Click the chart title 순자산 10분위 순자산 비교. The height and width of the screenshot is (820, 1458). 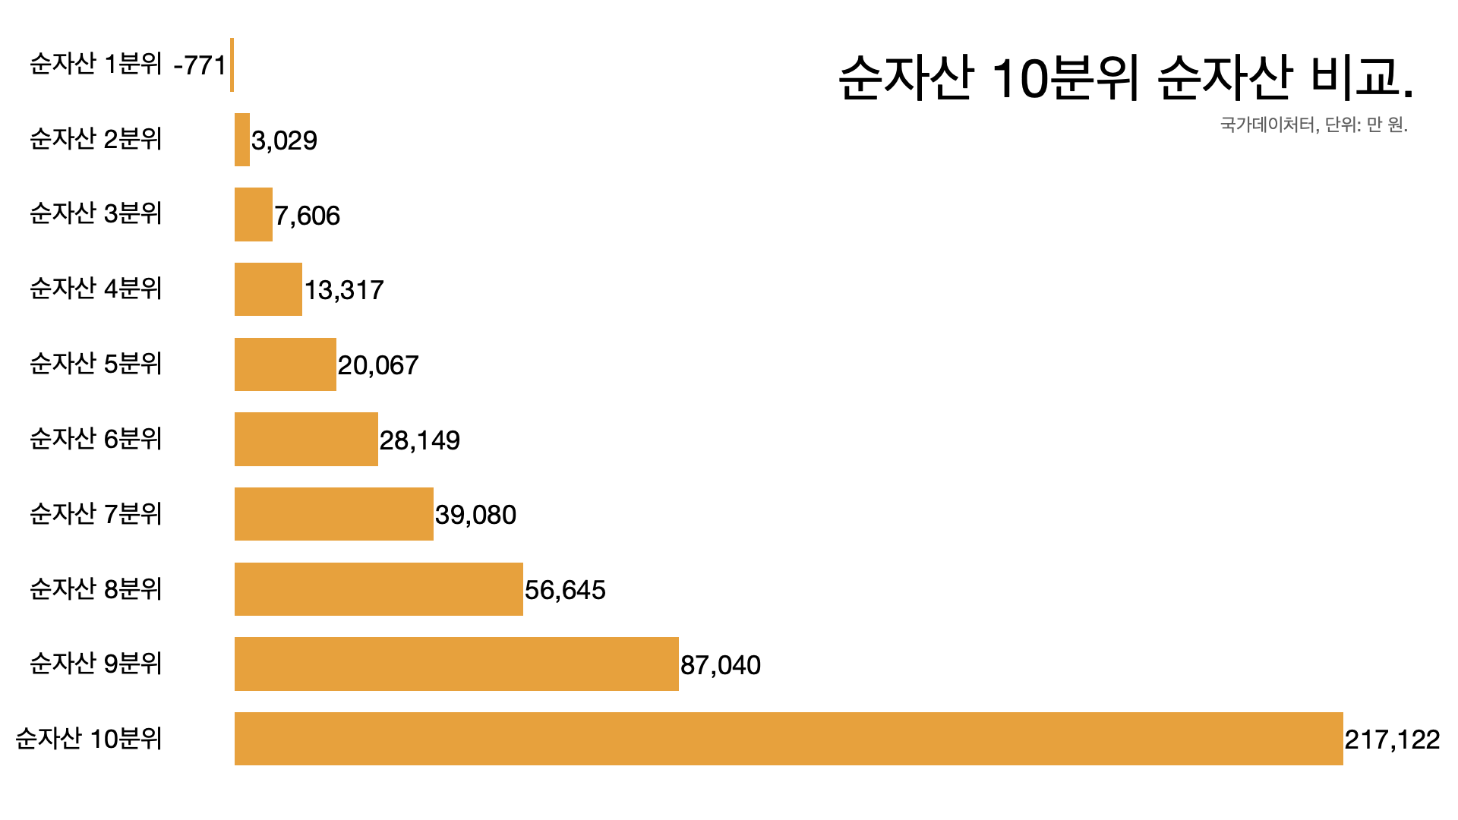[x=1125, y=77]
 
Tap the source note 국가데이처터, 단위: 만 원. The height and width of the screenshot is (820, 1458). [x=1314, y=125]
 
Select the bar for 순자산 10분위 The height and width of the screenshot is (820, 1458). [x=788, y=739]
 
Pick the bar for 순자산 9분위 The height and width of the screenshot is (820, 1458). [x=456, y=664]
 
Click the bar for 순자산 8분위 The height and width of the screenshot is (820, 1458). [x=378, y=589]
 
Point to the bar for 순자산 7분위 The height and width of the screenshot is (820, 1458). [x=333, y=514]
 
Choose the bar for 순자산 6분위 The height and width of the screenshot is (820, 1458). [x=306, y=439]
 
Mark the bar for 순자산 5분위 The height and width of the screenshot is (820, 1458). [x=285, y=364]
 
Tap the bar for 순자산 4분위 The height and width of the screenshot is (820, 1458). [x=268, y=289]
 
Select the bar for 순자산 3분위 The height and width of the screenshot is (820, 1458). [x=253, y=214]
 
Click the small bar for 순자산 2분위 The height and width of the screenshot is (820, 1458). [x=242, y=140]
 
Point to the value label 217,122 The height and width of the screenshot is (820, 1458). [x=1392, y=740]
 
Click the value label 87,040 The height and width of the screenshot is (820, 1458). [x=720, y=665]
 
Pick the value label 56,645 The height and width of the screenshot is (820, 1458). [x=565, y=590]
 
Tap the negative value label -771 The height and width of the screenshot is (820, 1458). [x=200, y=65]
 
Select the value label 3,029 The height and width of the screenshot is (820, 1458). [x=284, y=140]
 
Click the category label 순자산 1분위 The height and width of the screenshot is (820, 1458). [x=96, y=64]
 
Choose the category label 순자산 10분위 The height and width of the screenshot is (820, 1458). [x=89, y=738]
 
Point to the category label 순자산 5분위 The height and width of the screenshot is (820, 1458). [x=96, y=364]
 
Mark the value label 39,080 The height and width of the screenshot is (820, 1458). [x=475, y=515]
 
